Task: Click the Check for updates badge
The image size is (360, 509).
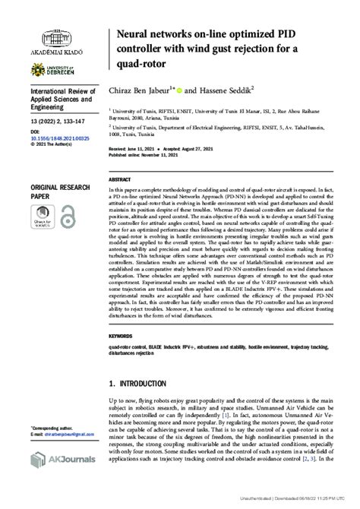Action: pyautogui.click(x=44, y=216)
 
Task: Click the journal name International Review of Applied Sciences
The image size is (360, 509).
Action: pyautogui.click(x=59, y=98)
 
